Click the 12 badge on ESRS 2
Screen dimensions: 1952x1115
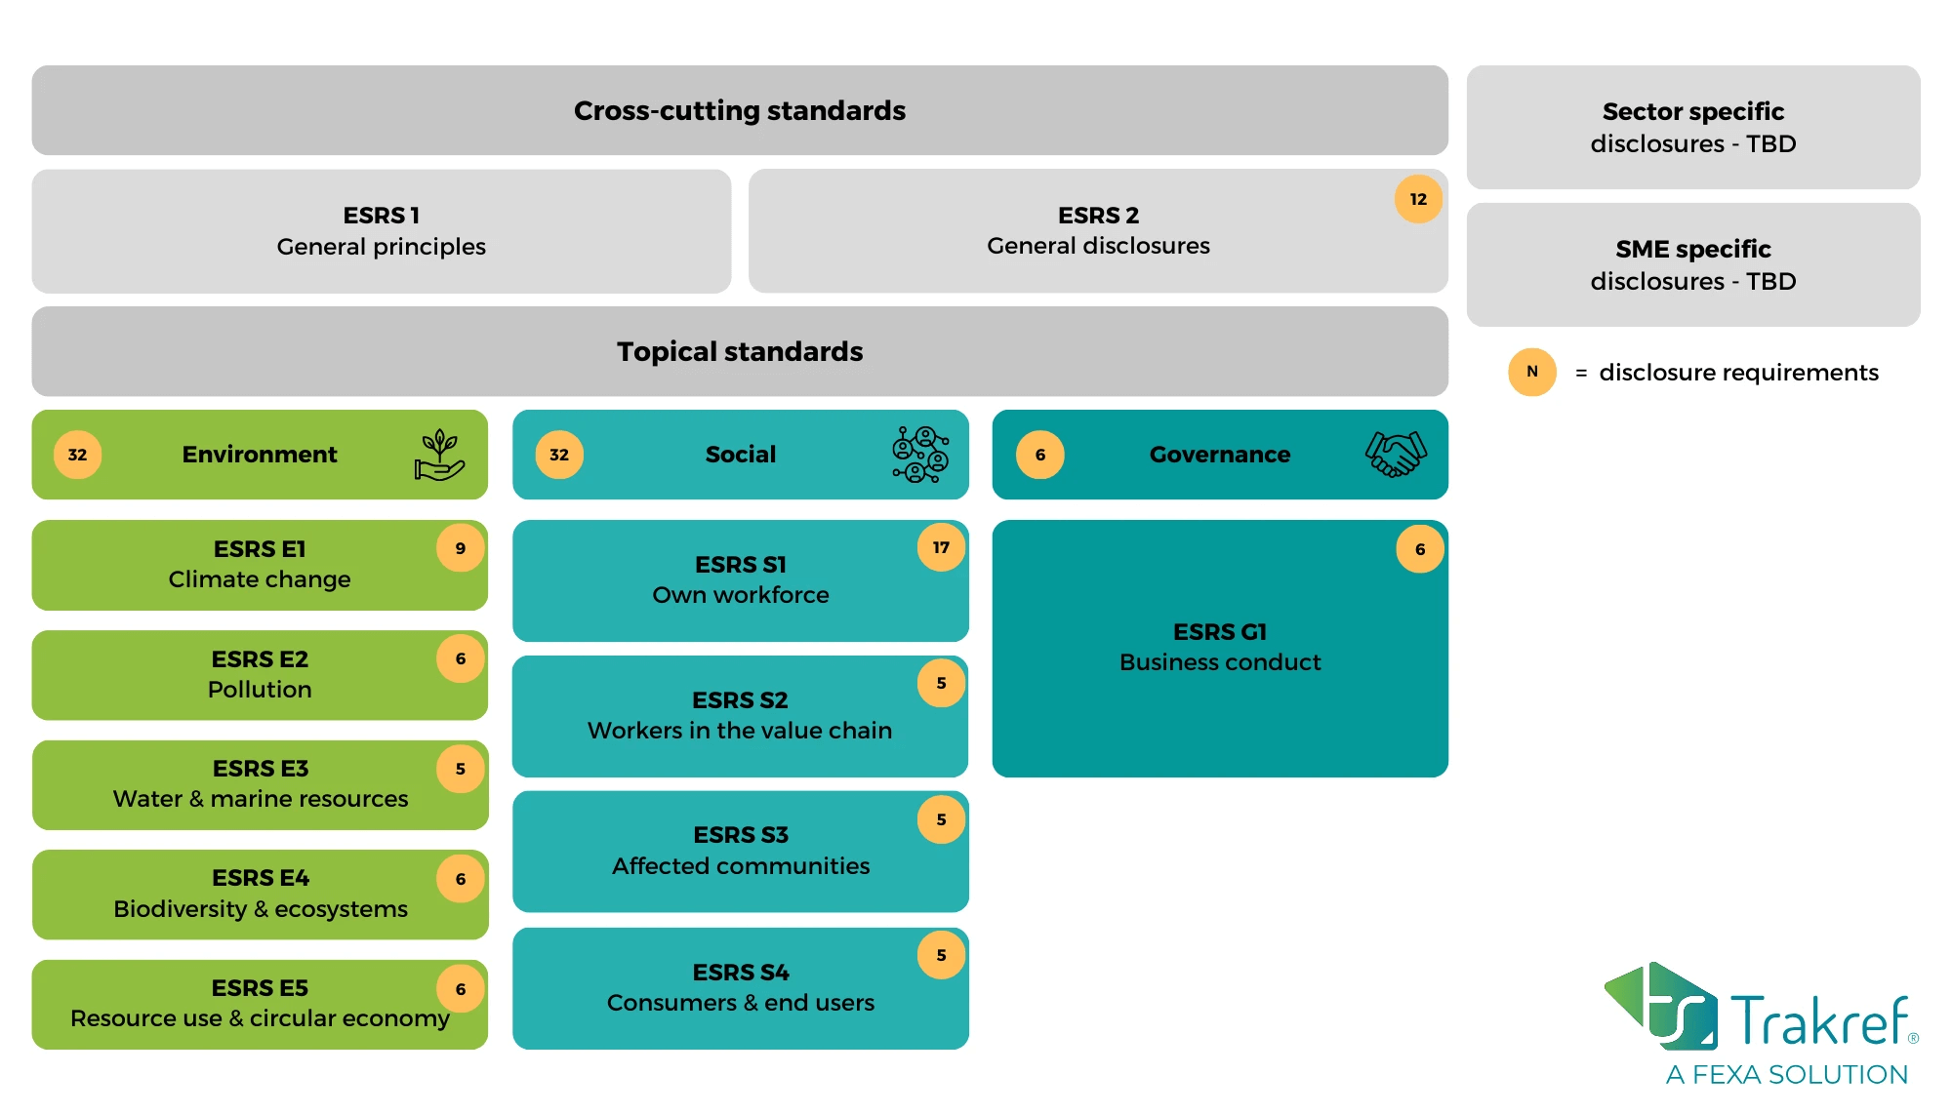[x=1418, y=199]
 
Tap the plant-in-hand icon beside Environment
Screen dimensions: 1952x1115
[x=439, y=455]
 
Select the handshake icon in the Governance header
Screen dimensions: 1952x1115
[x=1396, y=454]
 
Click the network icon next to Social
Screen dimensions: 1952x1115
[x=920, y=455]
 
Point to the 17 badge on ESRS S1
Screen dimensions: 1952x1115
[x=941, y=547]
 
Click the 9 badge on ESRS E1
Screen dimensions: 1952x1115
[x=461, y=548]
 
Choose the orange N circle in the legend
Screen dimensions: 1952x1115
[x=1532, y=372]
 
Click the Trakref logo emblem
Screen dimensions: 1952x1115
[x=1660, y=1005]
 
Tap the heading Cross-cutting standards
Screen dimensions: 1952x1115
[x=740, y=110]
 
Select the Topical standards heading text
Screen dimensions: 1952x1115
[x=740, y=351]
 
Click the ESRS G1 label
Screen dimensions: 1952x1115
[x=1220, y=632]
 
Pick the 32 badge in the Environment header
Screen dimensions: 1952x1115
[x=77, y=455]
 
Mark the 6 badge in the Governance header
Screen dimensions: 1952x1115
[x=1040, y=455]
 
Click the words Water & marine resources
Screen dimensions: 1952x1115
[x=261, y=799]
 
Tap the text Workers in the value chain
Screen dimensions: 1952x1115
[x=740, y=731]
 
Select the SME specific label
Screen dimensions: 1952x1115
[x=1693, y=249]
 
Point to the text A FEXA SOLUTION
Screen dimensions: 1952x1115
[x=1787, y=1075]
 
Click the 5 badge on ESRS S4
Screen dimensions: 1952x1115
[x=941, y=955]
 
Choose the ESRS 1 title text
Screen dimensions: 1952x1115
[x=382, y=215]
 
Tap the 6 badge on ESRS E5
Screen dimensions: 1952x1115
[x=461, y=989]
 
